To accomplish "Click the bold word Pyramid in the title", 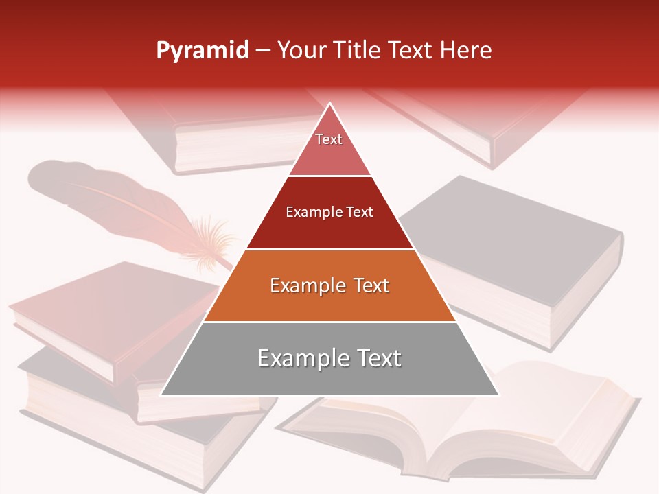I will pyautogui.click(x=202, y=51).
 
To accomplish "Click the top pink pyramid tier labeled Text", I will pyautogui.click(x=329, y=148).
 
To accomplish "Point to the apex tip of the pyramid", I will pyautogui.click(x=329, y=104).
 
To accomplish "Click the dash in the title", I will pyautogui.click(x=263, y=51).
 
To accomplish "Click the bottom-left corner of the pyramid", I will pyautogui.click(x=162, y=394).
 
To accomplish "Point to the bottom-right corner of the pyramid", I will pyautogui.click(x=498, y=394).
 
